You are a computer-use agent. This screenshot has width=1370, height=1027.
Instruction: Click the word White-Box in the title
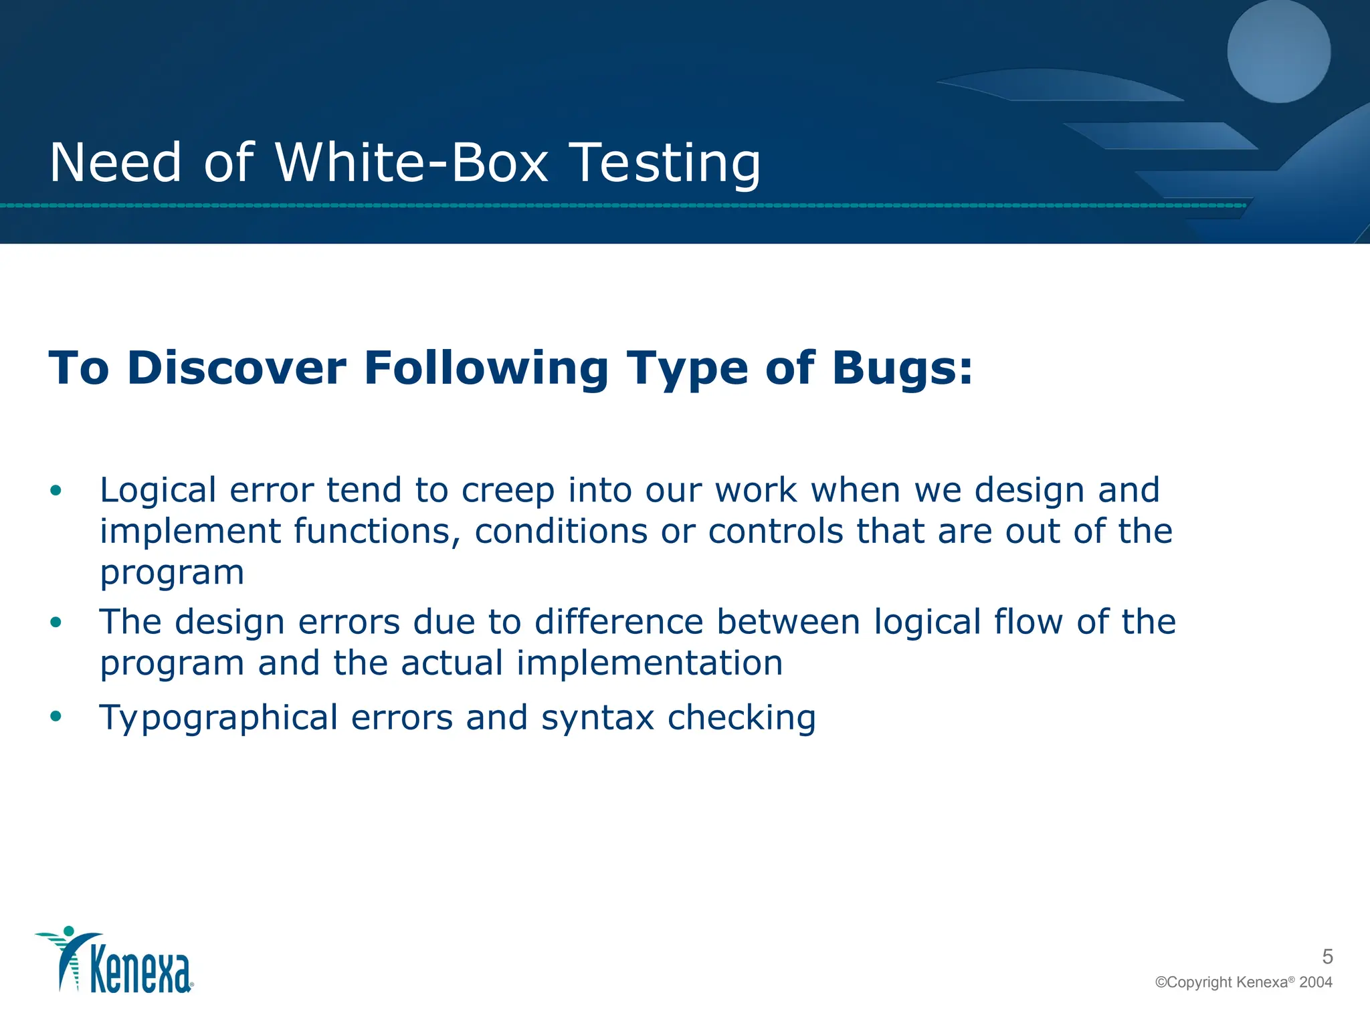pos(411,162)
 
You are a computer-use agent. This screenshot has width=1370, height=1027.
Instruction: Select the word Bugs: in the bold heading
pos(902,368)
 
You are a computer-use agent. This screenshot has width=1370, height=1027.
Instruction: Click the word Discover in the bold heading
pos(237,368)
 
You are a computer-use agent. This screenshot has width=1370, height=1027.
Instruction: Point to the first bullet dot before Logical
pos(56,491)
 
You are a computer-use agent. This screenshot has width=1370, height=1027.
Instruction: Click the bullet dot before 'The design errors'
pos(56,622)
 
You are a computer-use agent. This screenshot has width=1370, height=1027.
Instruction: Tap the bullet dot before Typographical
pos(56,717)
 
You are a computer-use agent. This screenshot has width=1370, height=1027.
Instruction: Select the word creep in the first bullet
pos(508,491)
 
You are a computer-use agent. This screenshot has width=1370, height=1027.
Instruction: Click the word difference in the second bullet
pos(619,622)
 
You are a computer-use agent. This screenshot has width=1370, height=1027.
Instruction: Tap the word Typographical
pos(219,718)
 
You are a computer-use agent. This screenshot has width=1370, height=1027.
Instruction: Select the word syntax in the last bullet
pos(597,718)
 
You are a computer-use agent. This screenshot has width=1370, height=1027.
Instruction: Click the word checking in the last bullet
pos(742,718)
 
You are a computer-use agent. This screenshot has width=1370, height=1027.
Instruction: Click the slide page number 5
pos(1327,957)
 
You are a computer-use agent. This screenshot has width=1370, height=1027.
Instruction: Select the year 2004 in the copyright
pos(1315,982)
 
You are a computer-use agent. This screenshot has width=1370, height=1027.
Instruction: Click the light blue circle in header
pos(1278,51)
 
